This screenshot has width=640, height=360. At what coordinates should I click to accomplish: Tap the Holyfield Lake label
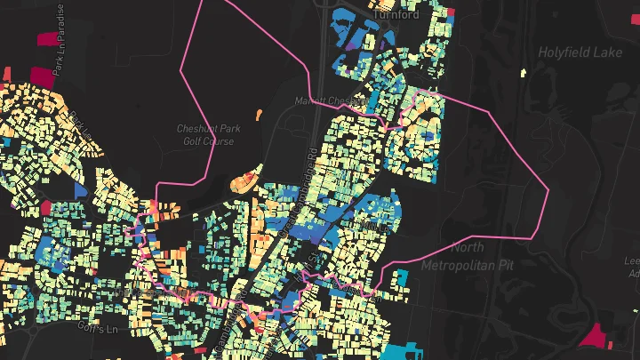pos(580,52)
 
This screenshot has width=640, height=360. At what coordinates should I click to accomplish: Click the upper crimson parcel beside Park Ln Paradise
pos(46,38)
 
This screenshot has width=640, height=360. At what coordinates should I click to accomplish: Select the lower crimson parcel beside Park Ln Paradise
pos(41,76)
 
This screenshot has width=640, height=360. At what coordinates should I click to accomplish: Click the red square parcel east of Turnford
pos(454,13)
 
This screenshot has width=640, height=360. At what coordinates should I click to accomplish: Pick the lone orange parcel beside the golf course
pos(259,114)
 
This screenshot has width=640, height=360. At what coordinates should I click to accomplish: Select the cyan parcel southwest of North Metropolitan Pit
pos(400,278)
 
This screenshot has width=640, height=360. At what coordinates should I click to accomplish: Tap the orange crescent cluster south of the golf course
pos(243,182)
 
